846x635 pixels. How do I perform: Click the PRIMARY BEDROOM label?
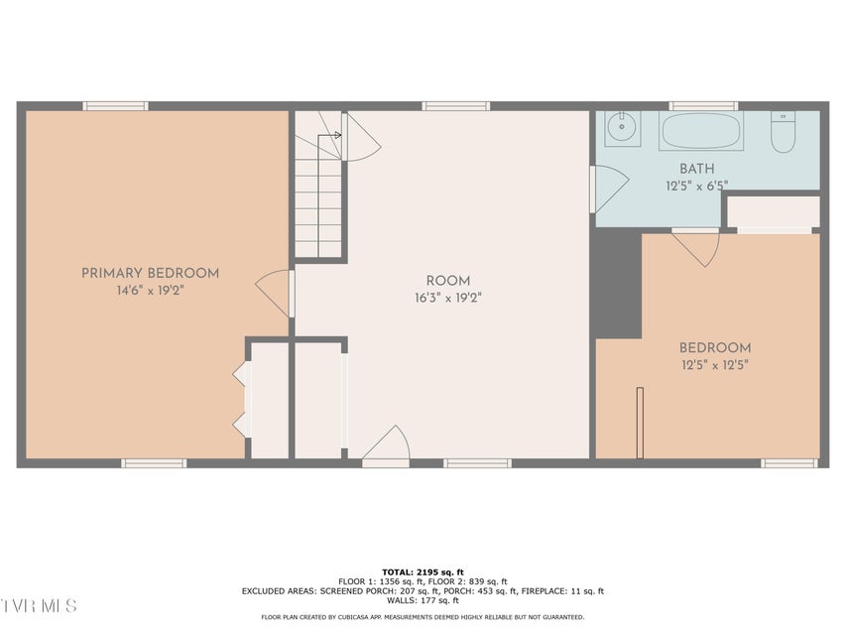(151, 273)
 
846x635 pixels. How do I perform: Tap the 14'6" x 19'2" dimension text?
(151, 291)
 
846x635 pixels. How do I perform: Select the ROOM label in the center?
(448, 281)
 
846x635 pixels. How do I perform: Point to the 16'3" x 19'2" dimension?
(448, 298)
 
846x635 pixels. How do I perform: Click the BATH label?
(697, 169)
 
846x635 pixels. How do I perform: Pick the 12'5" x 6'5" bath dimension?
(697, 186)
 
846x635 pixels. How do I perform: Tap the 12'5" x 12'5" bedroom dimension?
(715, 365)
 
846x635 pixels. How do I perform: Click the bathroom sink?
(622, 128)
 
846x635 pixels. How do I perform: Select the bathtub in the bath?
(701, 131)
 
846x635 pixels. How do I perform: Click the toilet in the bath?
(783, 132)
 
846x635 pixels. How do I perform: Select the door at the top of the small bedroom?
(696, 247)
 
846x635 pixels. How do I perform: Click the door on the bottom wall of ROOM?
(387, 446)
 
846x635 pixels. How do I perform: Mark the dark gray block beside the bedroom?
(618, 284)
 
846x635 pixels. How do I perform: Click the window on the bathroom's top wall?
(703, 106)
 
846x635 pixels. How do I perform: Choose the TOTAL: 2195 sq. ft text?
(423, 572)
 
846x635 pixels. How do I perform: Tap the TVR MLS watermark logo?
(39, 606)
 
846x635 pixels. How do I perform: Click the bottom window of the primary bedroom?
(154, 463)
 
